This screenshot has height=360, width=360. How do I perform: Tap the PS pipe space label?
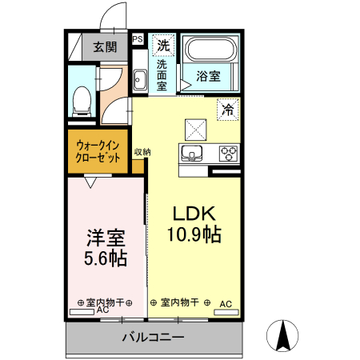[x=138, y=38]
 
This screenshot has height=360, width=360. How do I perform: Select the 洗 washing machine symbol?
[x=163, y=44]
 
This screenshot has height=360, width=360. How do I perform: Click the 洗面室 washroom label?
[x=163, y=74]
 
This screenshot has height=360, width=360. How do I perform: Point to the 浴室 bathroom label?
[x=209, y=77]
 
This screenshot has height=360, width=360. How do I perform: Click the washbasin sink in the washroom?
[x=139, y=80]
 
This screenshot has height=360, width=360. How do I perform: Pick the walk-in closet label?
[x=99, y=152]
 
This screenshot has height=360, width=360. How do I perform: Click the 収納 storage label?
[x=142, y=152]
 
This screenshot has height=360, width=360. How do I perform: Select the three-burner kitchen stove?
[x=228, y=153]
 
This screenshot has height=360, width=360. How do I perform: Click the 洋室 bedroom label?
[x=106, y=238]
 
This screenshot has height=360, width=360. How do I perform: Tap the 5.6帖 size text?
[x=106, y=258]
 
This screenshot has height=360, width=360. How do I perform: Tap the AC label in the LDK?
[x=226, y=303]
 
